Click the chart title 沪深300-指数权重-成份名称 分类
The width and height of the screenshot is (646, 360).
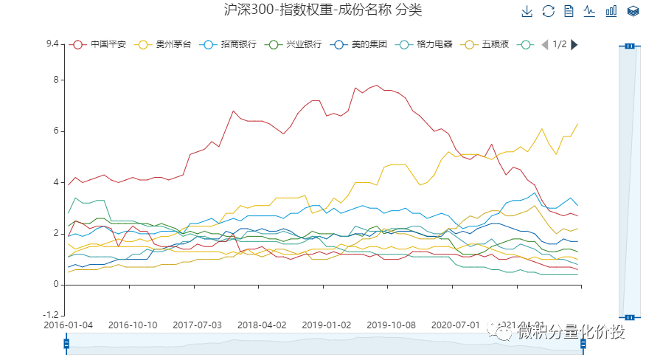point(323,10)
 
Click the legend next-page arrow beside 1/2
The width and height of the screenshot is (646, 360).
point(574,44)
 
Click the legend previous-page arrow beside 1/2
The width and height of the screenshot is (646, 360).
point(544,44)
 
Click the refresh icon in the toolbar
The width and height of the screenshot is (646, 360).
point(548,11)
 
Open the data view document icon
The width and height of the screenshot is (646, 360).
point(569,11)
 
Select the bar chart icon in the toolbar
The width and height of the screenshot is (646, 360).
point(611,11)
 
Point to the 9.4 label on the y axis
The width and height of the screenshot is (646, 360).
point(52,44)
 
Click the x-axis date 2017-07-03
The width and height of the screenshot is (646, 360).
point(197,325)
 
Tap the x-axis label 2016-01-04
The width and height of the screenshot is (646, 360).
point(69,325)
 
